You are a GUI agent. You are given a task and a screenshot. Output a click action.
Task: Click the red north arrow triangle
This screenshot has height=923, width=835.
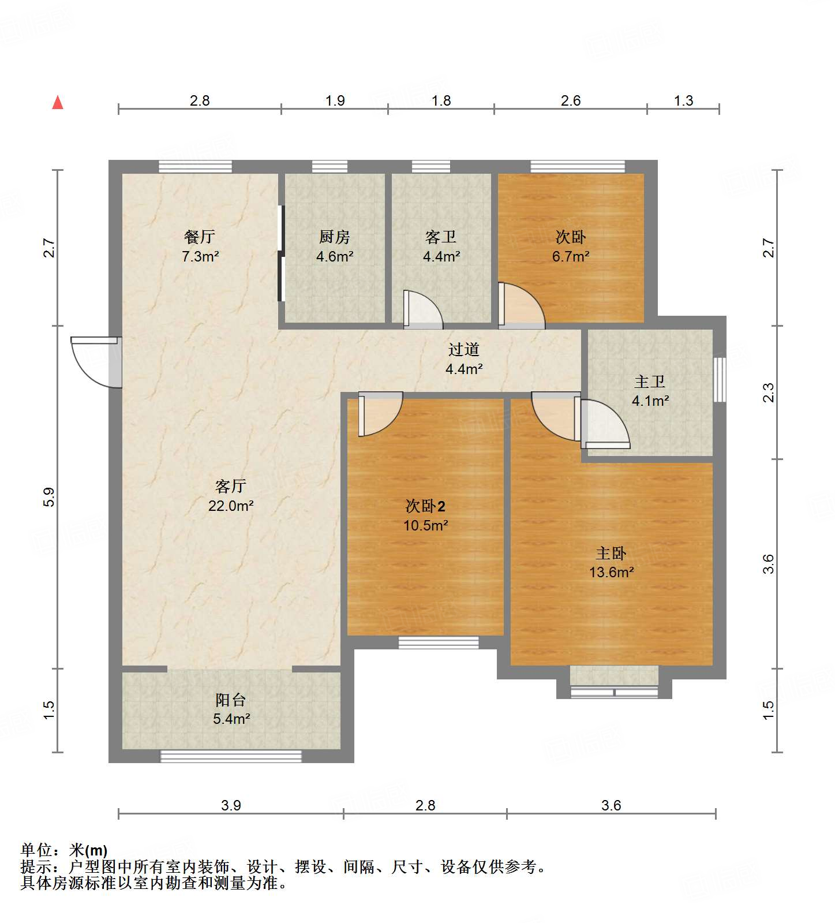58,103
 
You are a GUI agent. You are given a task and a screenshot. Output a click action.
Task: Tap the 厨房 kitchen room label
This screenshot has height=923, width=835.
334,237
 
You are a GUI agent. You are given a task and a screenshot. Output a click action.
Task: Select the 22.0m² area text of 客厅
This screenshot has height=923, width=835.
231,506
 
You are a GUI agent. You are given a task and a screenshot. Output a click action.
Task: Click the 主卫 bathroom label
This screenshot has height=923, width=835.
650,382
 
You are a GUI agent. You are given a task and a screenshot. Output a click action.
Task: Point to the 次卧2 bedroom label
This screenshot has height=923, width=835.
425,507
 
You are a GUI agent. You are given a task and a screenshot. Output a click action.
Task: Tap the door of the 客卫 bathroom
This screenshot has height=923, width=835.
423,309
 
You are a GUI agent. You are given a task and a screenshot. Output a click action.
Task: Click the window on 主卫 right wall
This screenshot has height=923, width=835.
719,379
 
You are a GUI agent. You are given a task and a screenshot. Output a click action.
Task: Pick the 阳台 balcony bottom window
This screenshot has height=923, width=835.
231,756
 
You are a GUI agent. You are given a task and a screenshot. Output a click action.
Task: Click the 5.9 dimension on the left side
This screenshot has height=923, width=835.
50,497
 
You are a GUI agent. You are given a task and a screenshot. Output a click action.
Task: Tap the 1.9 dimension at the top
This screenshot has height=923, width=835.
335,101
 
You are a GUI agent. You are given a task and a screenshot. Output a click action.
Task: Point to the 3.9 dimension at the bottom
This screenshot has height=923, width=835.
231,805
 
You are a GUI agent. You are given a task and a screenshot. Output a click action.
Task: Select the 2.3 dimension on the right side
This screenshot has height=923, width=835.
768,393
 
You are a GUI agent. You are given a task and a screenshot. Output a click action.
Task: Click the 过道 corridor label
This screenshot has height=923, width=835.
464,349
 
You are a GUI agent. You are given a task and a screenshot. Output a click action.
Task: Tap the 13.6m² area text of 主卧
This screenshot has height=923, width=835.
611,573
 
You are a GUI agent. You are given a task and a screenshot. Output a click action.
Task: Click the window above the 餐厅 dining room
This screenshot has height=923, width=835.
196,166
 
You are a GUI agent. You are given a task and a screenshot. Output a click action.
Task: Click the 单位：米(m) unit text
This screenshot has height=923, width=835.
64,850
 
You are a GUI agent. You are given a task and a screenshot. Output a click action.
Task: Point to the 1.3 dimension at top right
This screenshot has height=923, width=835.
683,101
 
